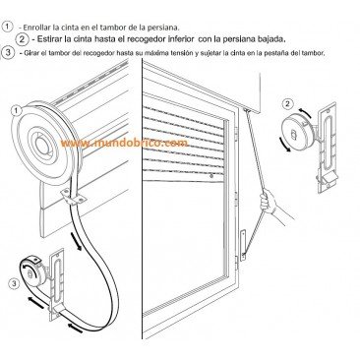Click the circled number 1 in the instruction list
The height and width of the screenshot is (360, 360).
8,27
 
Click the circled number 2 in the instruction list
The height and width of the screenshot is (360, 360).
23,39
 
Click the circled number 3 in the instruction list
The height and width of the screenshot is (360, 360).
7,53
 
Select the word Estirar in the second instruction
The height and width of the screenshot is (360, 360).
50,39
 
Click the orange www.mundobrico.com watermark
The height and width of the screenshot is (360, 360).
125,144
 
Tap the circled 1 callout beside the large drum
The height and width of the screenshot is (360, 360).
17,111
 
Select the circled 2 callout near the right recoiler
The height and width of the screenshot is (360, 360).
287,104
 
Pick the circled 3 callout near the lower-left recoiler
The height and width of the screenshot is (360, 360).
14,283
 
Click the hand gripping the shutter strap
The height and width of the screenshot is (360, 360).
268,202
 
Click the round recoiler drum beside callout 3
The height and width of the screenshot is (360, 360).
33,270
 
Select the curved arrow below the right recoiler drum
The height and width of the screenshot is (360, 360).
284,145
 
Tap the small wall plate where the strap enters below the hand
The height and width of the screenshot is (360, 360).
243,245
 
